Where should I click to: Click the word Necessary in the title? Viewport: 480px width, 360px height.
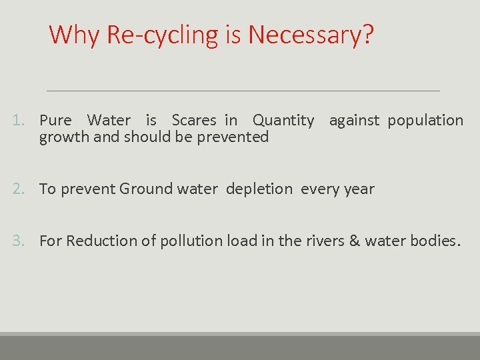click(x=310, y=35)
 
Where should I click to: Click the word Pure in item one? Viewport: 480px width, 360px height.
click(x=55, y=121)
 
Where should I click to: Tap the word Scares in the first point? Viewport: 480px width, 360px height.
click(x=194, y=121)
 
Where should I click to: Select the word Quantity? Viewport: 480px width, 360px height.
click(x=283, y=121)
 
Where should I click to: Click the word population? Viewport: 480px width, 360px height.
click(x=425, y=121)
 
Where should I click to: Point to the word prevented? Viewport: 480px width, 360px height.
click(x=236, y=137)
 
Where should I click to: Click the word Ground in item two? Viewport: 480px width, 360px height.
click(x=146, y=189)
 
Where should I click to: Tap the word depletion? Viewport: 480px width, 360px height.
click(x=259, y=189)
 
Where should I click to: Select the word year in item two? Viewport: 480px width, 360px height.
click(x=360, y=189)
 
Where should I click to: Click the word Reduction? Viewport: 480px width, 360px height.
click(x=96, y=241)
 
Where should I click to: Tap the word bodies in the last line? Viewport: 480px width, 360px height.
click(x=435, y=241)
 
